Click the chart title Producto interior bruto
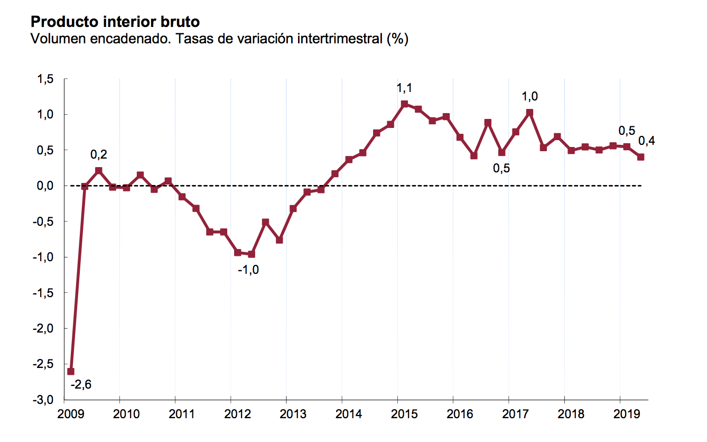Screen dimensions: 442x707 (x=115, y=22)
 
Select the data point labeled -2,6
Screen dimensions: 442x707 (x=71, y=371)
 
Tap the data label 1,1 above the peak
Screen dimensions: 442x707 (x=404, y=88)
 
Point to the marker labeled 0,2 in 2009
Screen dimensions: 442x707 (x=98, y=170)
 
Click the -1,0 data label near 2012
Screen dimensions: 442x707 (x=248, y=270)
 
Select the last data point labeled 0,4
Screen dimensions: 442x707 (x=640, y=156)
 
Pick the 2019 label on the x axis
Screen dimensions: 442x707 (x=620, y=413)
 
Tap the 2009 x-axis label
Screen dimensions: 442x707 (x=64, y=413)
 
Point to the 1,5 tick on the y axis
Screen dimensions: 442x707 (x=46, y=79)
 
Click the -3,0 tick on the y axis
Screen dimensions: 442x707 (x=44, y=400)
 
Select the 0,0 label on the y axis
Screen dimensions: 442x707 (x=46, y=186)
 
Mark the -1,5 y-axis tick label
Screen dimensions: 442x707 (x=44, y=293)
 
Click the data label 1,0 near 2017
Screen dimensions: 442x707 (x=530, y=97)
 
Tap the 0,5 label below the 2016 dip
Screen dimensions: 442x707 (x=501, y=169)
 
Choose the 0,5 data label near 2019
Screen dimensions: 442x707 (x=627, y=131)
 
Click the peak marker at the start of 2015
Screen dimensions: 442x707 (x=404, y=104)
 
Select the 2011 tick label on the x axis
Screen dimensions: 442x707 (x=175, y=413)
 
